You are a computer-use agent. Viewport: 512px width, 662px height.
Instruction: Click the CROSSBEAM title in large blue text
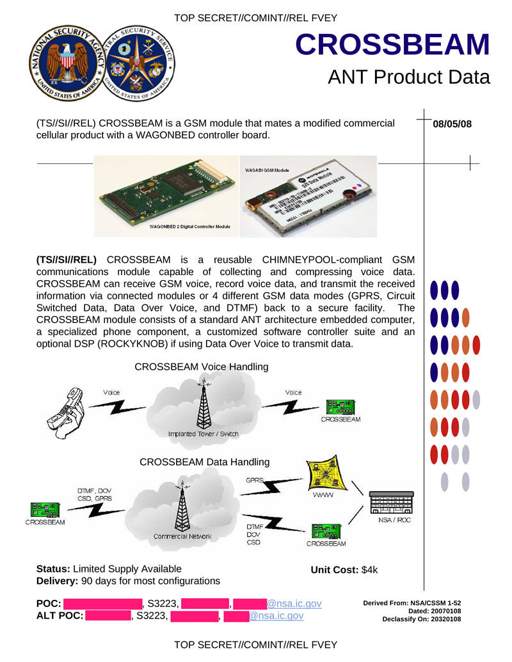point(393,44)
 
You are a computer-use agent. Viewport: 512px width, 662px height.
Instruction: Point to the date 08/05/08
point(452,124)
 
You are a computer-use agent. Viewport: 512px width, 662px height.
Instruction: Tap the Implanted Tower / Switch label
point(203,434)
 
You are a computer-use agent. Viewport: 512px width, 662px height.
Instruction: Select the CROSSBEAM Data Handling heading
point(204,462)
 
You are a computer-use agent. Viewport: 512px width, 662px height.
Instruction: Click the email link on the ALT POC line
point(276,616)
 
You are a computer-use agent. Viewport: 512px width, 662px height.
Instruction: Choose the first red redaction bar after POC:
point(102,603)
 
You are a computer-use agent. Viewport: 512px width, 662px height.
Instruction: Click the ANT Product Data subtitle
point(408,77)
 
